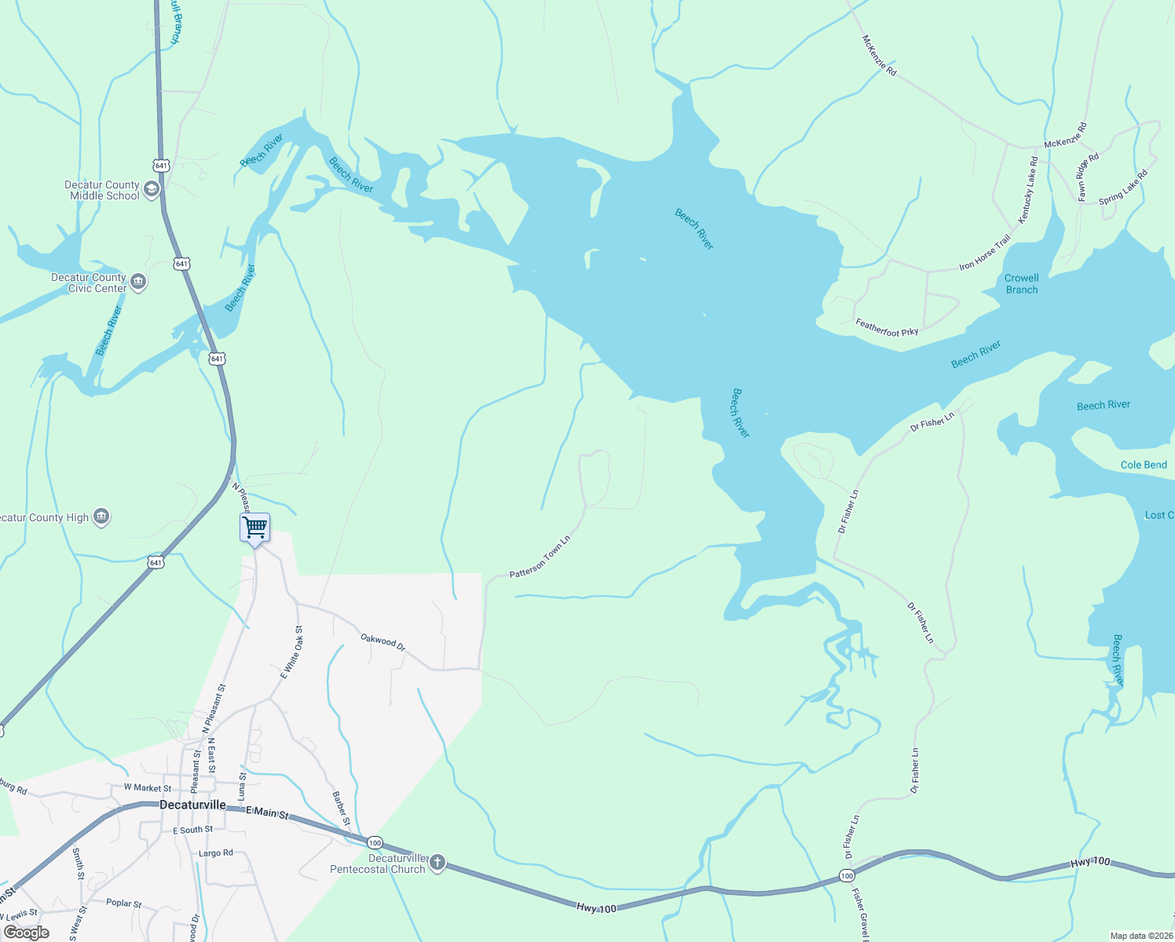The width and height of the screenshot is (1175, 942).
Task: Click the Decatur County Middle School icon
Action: pos(152,189)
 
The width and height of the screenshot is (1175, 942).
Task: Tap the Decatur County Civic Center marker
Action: pos(138,282)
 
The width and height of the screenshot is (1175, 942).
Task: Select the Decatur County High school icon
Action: pos(101,517)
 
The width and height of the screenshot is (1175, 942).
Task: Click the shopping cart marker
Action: pos(255,528)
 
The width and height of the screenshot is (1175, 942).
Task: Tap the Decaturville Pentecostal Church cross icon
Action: pos(437,863)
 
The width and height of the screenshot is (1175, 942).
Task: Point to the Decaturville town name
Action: pos(192,805)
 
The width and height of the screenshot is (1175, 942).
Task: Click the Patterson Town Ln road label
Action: pos(540,558)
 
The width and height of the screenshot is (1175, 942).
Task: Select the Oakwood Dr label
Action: pos(383,641)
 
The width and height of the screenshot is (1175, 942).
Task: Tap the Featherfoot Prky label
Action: pos(887,327)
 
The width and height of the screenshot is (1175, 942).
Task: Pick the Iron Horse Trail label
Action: pos(985,253)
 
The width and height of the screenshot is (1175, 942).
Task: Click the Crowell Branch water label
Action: pos(1022,283)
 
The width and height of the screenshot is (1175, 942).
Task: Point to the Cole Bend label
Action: pos(1144,465)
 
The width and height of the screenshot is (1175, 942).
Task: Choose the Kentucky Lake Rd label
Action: pos(1028,189)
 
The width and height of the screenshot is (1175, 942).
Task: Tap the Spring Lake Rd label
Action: pos(1123,188)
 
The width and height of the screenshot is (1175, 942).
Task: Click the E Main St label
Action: pos(267,812)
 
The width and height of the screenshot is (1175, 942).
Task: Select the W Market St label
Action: pos(148,787)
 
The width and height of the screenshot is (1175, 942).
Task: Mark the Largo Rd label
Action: pos(215,853)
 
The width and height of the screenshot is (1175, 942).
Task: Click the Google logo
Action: pos(27,933)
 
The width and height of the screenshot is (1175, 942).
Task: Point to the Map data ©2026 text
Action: pos(1140,936)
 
